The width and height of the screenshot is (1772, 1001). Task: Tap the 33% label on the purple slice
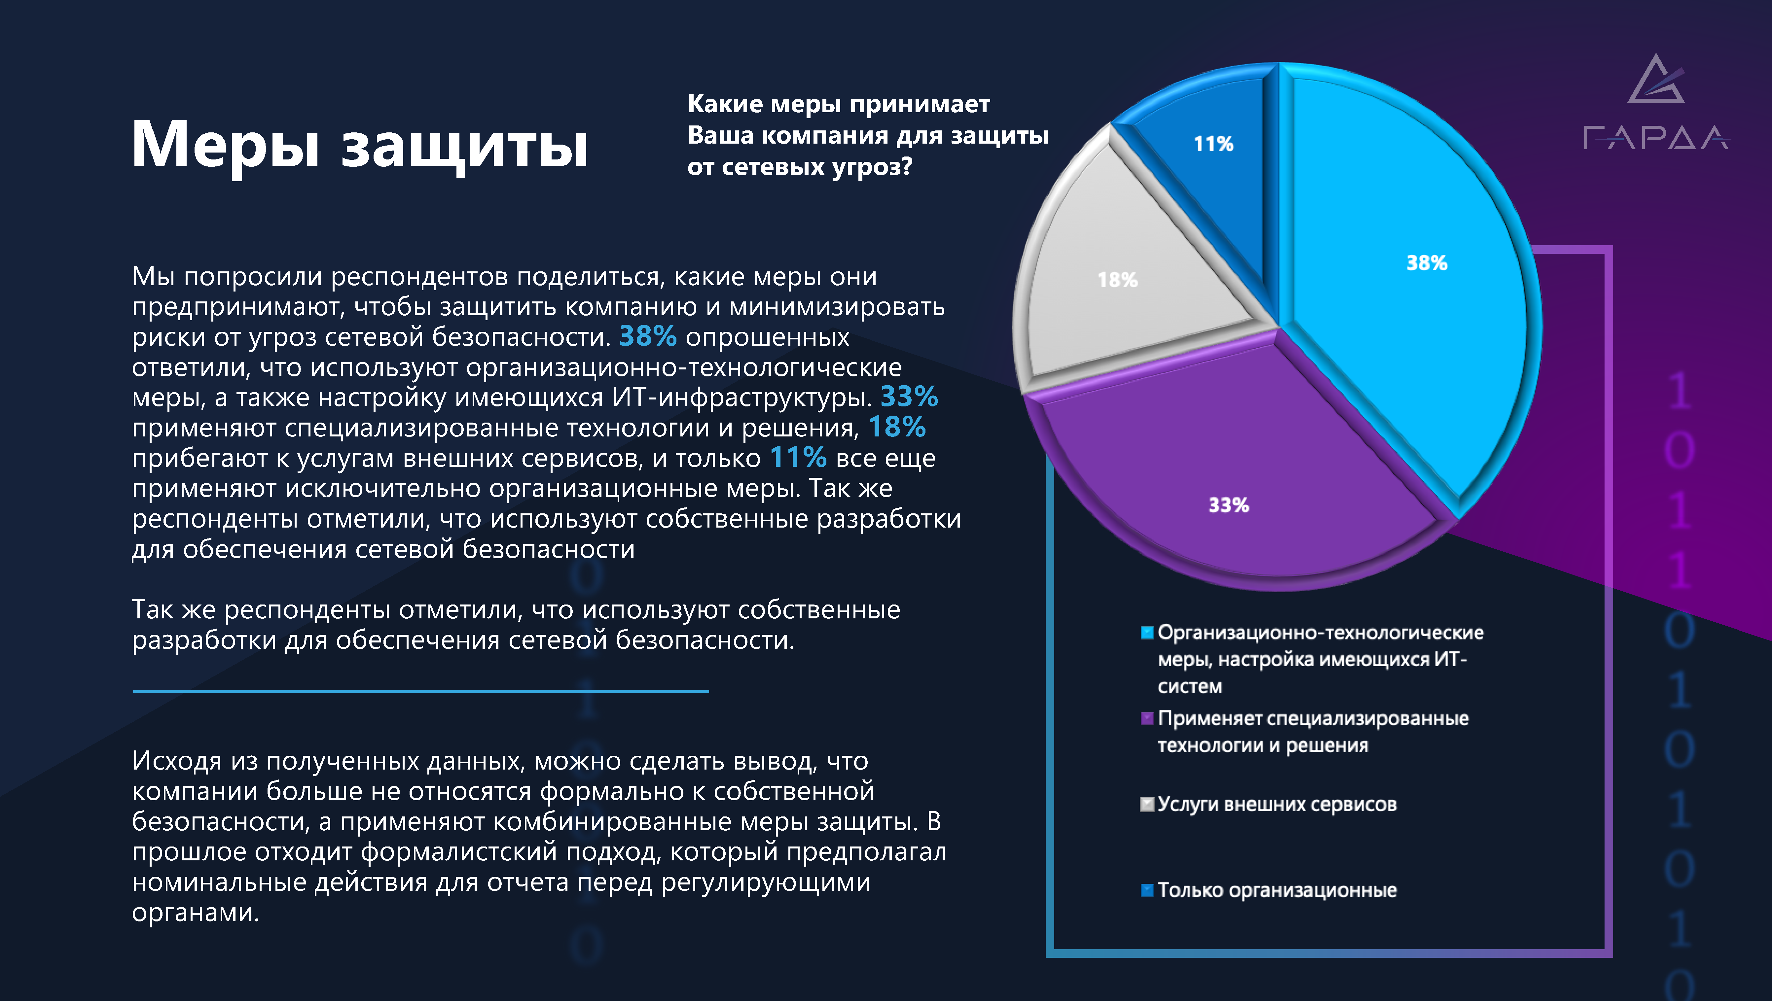[1229, 505]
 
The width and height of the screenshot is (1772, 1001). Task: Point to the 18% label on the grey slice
[1117, 280]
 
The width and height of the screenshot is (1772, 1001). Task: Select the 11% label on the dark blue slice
[1213, 144]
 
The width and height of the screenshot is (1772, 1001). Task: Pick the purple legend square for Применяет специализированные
[1147, 718]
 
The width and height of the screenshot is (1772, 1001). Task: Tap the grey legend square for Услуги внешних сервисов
[1147, 804]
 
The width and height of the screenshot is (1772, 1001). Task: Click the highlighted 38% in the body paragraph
[647, 336]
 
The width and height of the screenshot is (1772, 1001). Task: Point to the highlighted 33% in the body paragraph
[909, 397]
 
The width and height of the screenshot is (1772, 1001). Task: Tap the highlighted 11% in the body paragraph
[797, 457]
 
